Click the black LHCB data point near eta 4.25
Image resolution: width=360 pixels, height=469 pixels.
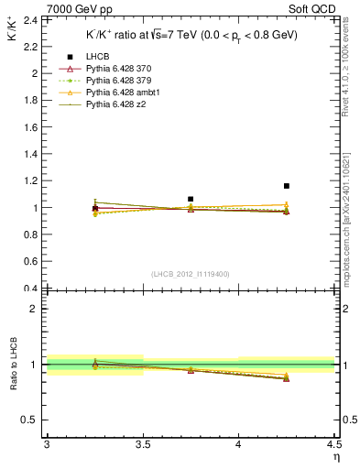point(287,186)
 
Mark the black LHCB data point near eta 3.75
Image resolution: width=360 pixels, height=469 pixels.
point(191,199)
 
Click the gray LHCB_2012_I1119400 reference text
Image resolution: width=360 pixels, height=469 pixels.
point(191,274)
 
